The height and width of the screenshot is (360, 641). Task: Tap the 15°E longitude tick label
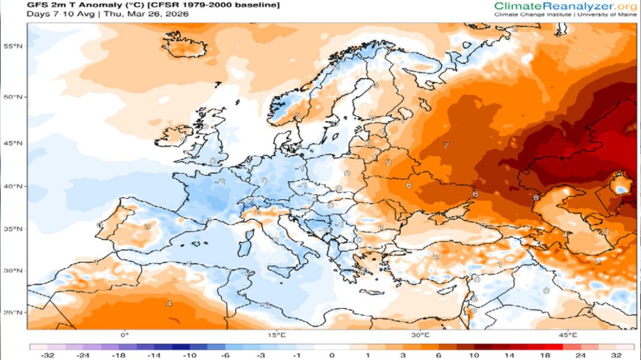coord(277,335)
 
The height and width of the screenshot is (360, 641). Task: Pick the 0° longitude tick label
coord(125,335)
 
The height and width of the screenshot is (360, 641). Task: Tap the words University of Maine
coord(607,14)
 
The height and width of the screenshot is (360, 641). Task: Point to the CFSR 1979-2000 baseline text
coord(220,5)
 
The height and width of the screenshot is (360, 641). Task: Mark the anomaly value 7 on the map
coord(446,146)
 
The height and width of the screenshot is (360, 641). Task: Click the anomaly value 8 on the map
coord(535,197)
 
